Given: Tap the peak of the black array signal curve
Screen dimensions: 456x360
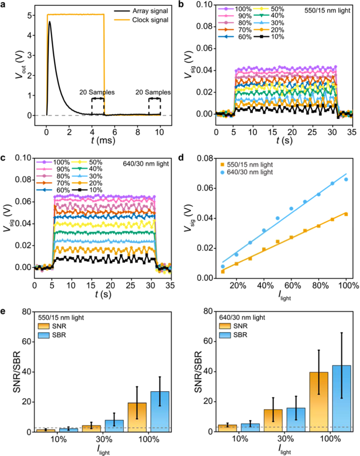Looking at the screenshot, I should (x=50, y=22).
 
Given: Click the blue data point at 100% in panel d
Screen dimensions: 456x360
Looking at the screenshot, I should (x=346, y=179).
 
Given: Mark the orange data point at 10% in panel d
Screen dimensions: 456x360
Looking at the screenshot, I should (x=223, y=271).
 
